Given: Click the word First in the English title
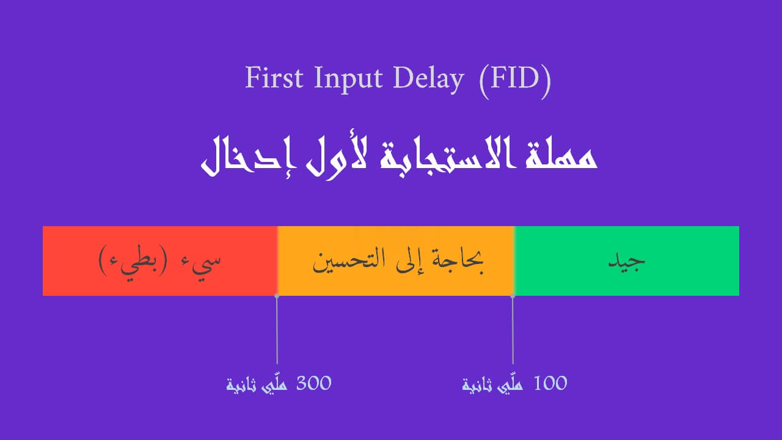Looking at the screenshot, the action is [x=274, y=78].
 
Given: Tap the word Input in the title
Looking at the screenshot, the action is [x=348, y=79].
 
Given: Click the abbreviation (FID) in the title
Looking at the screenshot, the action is [x=514, y=80].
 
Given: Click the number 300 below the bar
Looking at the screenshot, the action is [x=313, y=383].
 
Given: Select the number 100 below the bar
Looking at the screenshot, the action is [x=550, y=383].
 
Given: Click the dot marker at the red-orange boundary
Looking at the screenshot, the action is [x=277, y=296].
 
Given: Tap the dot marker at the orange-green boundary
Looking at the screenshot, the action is [x=513, y=296].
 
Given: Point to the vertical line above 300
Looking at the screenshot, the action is [x=277, y=330].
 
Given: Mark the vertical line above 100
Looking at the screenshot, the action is [x=513, y=330].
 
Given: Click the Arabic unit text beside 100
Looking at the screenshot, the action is [x=492, y=385].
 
